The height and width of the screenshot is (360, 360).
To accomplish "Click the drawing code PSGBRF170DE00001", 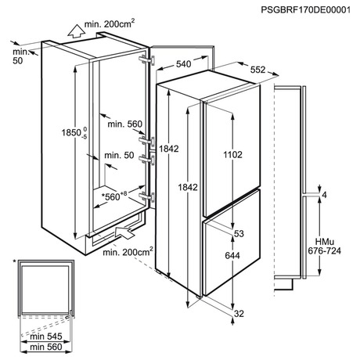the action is pos(306,10).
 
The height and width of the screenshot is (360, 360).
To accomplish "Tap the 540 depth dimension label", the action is pos(184,64).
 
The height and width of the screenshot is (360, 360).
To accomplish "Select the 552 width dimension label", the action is pos(257,70).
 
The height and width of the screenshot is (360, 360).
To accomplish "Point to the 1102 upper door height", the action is pos(232,155).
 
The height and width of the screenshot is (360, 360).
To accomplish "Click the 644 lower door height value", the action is pos(232,255).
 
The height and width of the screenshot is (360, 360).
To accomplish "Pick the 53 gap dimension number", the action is pos(239,234).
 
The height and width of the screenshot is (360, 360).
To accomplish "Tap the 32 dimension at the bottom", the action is pos(239,314).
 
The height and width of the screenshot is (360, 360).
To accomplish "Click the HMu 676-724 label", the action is pos(324,247).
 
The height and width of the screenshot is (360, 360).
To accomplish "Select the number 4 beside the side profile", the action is pos(324,195).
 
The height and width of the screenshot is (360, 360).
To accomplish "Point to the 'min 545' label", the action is pos(46,337).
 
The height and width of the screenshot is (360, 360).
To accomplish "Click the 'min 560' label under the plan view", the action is pos(46,347).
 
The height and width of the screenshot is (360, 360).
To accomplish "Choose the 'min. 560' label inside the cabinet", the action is pos(125,124).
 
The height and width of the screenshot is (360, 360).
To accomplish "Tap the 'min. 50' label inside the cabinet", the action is pos(119,156).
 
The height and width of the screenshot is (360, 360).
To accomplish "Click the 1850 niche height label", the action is pos(74,132).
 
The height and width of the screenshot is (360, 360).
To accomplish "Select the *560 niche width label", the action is pos(114,196).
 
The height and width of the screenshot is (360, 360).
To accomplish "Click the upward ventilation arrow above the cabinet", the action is pos(76,31).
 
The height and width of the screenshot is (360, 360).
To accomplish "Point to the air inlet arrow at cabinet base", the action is pos(124,232).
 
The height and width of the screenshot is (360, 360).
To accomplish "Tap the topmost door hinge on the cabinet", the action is pos(147,60).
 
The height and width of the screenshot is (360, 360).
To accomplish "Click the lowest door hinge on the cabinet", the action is pos(147,197).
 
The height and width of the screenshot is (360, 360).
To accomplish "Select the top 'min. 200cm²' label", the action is pos(110,23).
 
